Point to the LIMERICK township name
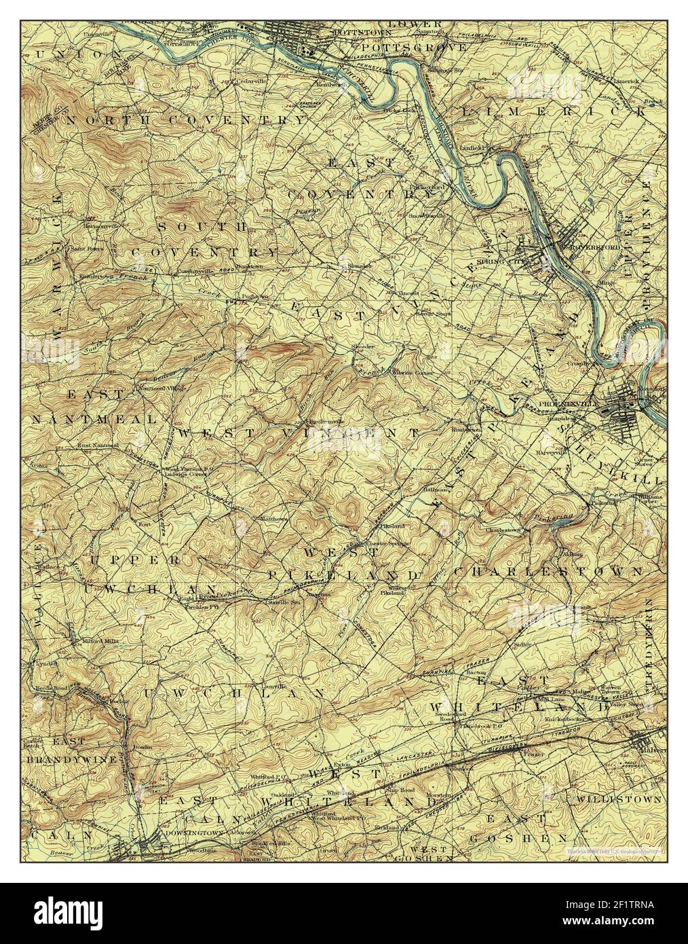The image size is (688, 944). coord(553,111)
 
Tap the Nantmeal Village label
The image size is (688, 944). coord(161,388)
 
